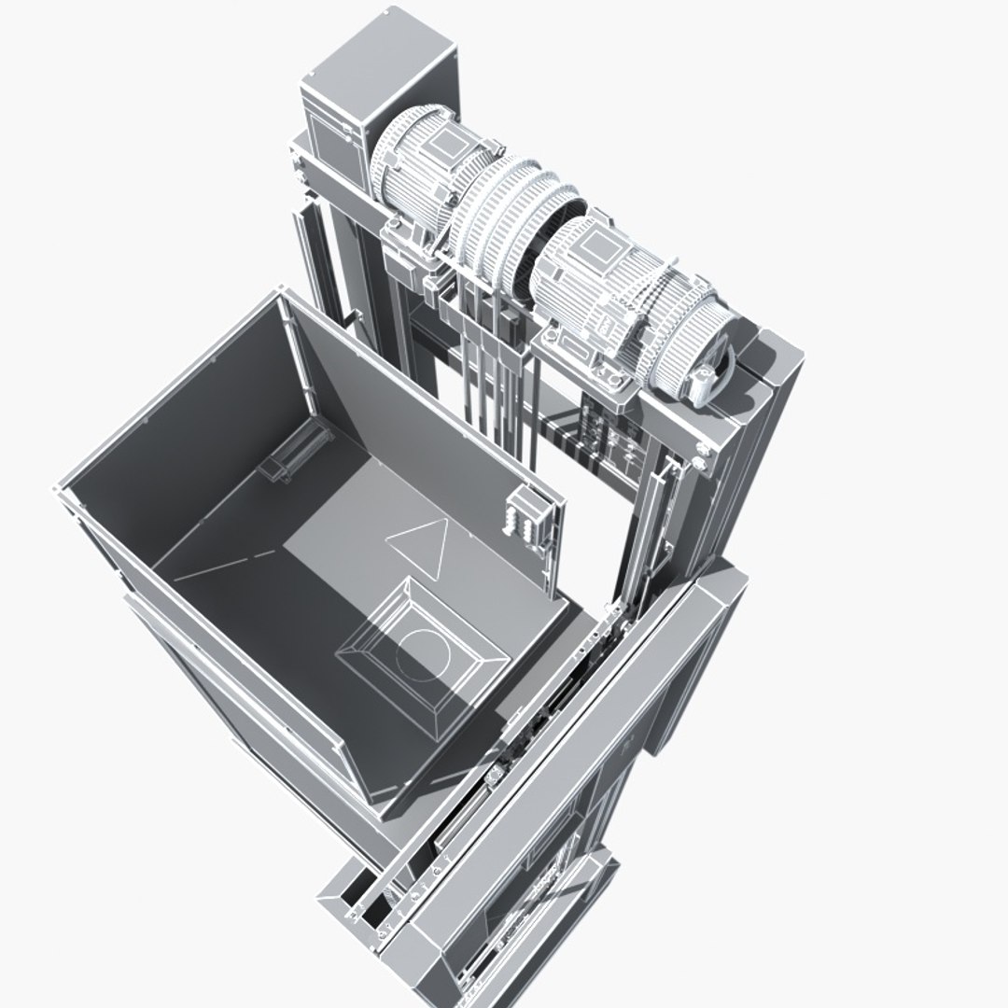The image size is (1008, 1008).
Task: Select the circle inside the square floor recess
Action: pos(422,652)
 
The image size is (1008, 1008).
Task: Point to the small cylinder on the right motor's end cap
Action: pos(703,382)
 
